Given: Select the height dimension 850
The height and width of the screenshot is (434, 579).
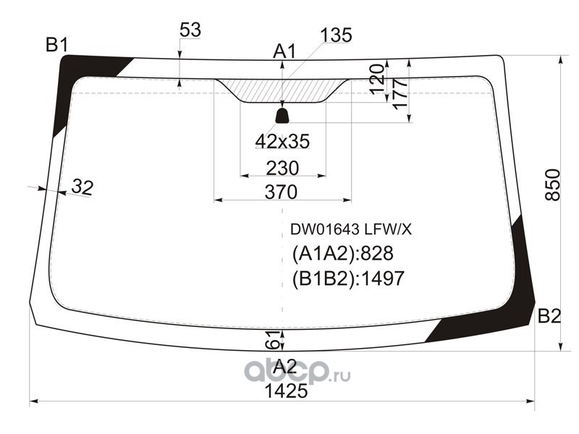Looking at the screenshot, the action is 551,184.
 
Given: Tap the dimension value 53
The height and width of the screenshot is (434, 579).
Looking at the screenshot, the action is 190,30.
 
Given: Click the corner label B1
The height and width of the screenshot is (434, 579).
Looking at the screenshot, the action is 57,46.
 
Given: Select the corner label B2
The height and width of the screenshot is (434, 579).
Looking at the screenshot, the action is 549,315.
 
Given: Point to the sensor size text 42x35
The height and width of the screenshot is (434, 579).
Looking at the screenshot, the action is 282,142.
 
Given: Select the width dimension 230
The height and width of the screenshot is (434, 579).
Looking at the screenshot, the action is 282,168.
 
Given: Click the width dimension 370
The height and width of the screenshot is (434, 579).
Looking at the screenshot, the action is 282,192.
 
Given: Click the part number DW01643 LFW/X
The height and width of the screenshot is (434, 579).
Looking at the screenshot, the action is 351,229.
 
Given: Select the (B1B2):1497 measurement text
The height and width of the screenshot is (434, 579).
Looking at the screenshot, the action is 347,278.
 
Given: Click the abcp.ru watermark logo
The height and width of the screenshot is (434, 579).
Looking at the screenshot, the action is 297,371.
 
